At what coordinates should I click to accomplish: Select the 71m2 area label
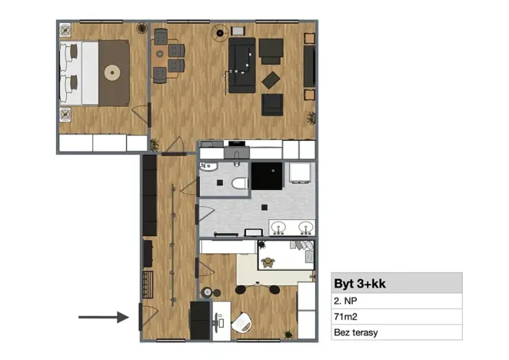coord(346,317)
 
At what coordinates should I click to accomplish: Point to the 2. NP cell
coord(347,301)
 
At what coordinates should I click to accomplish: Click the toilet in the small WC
coord(239,182)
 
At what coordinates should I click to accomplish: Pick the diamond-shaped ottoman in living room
coord(271,79)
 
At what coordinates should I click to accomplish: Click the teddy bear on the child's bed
coord(268,262)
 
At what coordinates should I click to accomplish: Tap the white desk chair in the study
coord(244,321)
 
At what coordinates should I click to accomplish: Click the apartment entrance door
coord(141,316)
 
